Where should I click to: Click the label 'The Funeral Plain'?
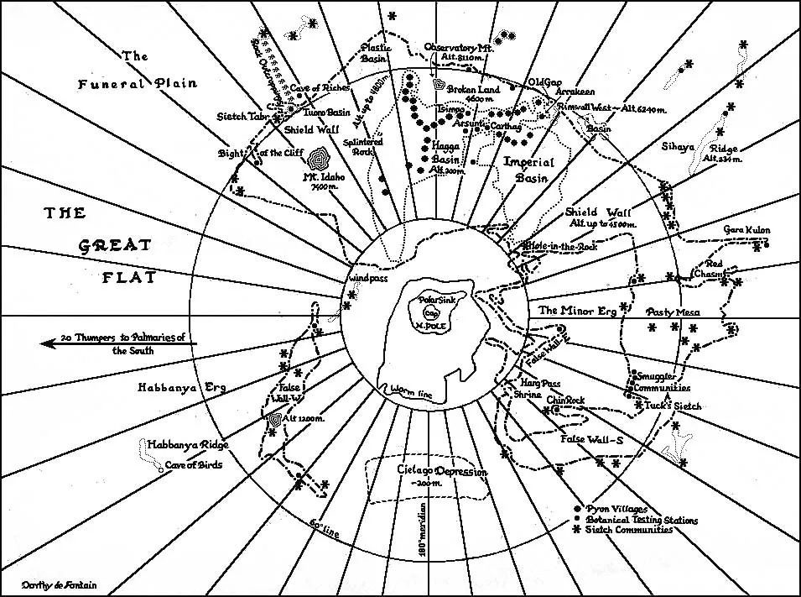[138, 71]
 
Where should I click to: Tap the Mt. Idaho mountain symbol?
[320, 159]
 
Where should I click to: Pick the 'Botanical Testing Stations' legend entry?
[642, 520]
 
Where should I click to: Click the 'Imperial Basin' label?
[526, 169]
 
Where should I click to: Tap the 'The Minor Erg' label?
[578, 311]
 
